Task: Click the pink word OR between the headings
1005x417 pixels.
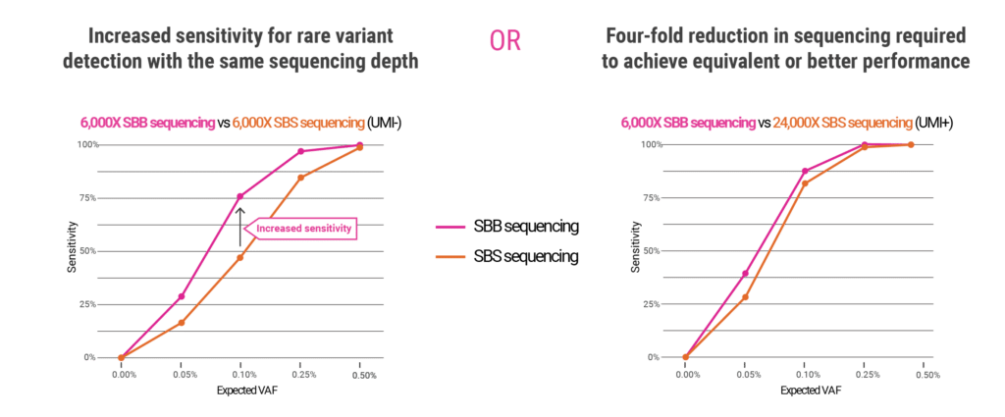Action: click(505, 41)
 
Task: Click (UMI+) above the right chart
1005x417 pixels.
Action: click(933, 123)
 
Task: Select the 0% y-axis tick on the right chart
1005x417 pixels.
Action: click(653, 357)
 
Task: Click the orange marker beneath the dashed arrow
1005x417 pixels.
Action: click(240, 257)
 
